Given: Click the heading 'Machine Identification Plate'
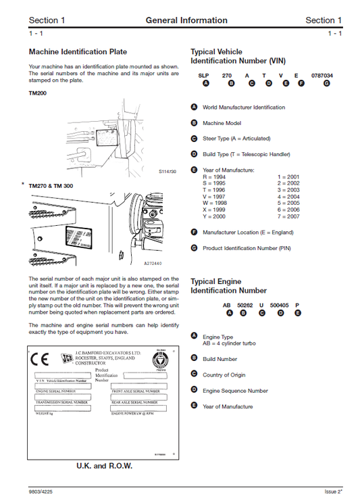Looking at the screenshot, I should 78,52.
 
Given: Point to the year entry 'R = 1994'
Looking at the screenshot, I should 215,176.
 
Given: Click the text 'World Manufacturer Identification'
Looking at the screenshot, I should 244,107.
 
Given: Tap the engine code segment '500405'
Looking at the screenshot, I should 279,306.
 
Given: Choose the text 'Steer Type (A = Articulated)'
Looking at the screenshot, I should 236,139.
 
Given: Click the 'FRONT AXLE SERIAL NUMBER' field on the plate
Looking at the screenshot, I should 136,391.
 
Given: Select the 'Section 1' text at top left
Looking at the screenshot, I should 47,20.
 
